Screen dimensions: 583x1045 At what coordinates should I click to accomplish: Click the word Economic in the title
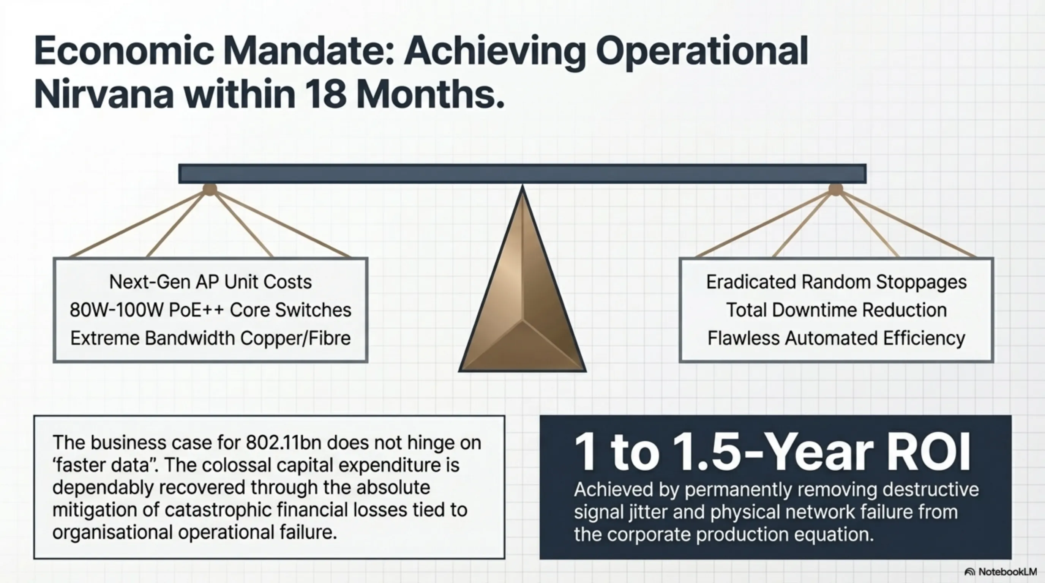tap(123, 52)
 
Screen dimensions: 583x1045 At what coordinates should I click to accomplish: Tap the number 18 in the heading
tap(326, 94)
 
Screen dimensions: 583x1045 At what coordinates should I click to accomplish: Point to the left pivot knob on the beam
tap(210, 189)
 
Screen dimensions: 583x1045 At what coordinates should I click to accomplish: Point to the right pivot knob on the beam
tap(835, 189)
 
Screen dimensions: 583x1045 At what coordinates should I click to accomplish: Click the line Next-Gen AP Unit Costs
tap(210, 282)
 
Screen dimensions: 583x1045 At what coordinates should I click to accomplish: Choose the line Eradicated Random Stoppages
tap(836, 282)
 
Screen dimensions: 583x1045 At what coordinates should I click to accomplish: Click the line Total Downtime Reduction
tap(836, 310)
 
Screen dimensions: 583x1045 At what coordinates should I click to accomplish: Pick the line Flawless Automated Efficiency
tap(836, 338)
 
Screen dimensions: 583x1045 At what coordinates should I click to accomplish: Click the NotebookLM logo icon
tap(969, 572)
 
